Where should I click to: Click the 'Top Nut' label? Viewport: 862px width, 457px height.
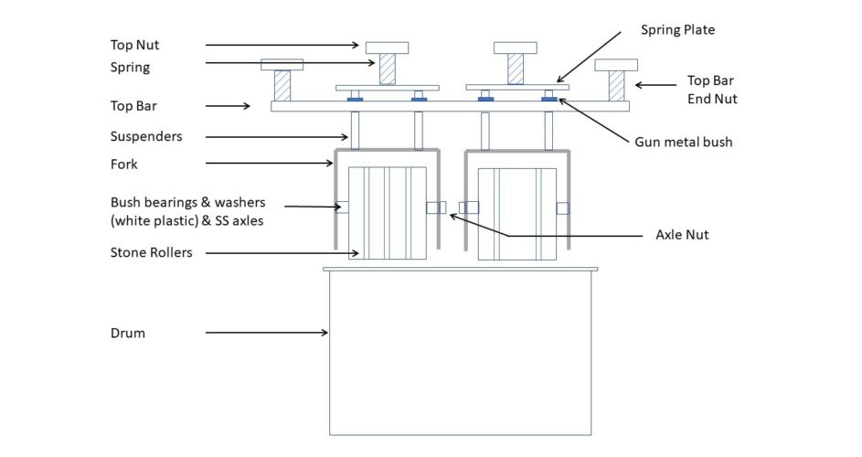point(134,45)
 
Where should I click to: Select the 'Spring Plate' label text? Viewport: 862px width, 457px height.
point(678,30)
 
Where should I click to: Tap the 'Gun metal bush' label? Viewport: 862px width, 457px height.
point(684,142)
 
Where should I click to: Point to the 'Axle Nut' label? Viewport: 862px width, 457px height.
point(682,235)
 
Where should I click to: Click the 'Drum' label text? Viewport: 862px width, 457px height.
point(128,334)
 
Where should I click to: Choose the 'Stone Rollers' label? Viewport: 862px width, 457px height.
point(151,252)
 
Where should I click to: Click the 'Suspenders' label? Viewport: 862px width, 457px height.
point(146,136)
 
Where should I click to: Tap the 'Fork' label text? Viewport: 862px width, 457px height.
point(123,164)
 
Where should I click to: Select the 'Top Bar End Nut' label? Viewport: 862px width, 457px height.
point(712,90)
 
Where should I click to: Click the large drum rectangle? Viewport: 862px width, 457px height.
point(460,353)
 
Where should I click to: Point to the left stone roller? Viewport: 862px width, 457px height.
point(387,213)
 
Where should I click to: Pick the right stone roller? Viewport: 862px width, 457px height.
point(516,214)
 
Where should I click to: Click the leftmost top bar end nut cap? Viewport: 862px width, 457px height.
point(282,65)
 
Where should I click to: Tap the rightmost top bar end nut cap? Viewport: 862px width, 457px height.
point(616,65)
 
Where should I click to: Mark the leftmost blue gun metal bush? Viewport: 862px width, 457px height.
point(355,100)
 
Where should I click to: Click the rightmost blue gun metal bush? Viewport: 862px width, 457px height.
point(549,100)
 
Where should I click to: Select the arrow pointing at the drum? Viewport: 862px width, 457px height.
point(267,332)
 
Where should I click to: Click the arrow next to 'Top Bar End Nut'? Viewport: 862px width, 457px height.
point(655,85)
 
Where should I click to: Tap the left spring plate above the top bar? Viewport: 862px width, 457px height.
point(388,88)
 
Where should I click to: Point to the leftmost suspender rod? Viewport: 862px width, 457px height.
point(356,131)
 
